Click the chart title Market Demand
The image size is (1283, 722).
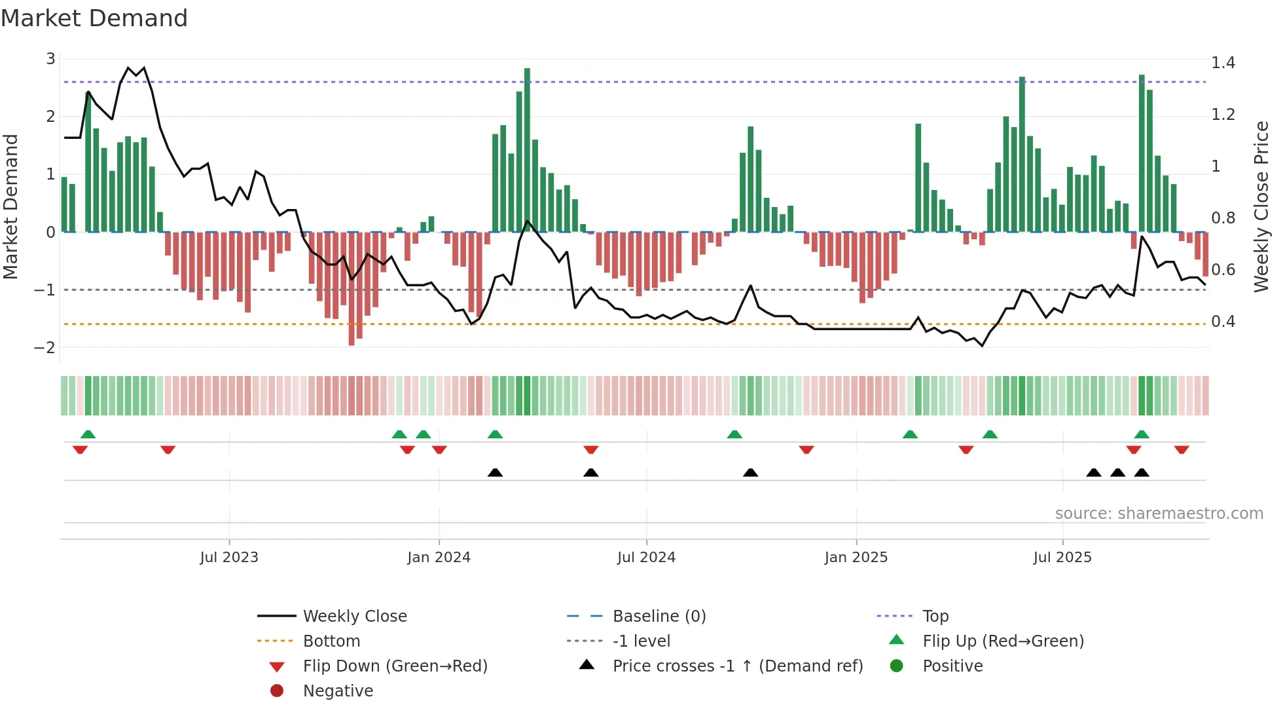point(94,18)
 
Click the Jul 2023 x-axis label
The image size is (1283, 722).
point(229,558)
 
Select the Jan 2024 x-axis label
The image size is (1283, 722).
point(439,558)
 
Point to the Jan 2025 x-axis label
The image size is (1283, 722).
point(856,558)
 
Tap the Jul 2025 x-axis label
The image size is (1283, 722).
point(1062,558)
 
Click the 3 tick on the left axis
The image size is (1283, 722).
point(50,59)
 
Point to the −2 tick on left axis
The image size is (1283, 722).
point(45,347)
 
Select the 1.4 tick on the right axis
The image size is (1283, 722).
point(1223,63)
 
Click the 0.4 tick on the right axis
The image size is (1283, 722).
point(1223,322)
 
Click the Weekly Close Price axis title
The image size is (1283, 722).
point(1261,206)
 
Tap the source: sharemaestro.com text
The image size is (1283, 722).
point(1159,514)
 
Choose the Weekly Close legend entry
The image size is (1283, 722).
point(355,617)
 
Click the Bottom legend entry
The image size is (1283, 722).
point(331,641)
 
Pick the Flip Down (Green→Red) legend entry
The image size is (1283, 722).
point(395,666)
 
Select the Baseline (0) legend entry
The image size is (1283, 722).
point(659,617)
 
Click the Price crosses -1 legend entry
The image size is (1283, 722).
point(737,666)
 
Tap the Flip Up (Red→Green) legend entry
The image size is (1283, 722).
point(1003,641)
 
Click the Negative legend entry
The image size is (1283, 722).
point(338,691)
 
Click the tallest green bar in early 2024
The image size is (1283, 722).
point(527,151)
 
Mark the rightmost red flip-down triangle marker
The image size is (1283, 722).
point(1182,449)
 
